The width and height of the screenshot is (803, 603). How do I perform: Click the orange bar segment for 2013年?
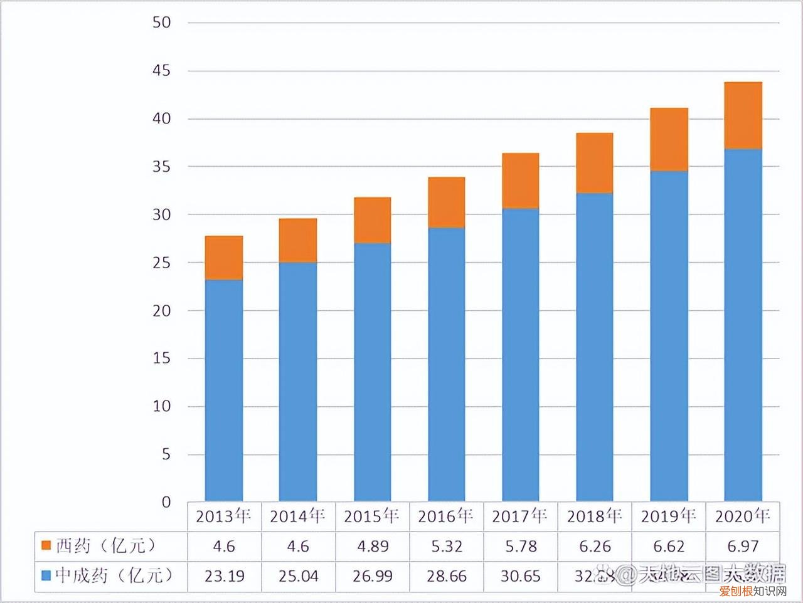tap(224, 258)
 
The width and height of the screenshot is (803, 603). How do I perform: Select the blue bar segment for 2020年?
tap(743, 325)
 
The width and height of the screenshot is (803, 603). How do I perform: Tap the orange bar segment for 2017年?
tap(520, 181)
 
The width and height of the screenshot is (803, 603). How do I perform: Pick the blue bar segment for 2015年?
tap(372, 372)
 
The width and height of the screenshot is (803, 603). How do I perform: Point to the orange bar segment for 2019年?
tap(669, 139)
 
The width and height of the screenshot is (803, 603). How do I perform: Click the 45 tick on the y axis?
tap(161, 71)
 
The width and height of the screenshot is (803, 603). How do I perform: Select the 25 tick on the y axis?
tap(161, 263)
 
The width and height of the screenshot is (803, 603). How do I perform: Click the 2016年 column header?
tap(446, 516)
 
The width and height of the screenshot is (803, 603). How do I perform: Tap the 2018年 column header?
tap(594, 516)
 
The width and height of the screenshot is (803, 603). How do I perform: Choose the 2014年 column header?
tap(298, 516)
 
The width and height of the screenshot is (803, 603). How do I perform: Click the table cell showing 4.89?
tap(372, 546)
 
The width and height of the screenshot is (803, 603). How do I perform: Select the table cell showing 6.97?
tap(743, 546)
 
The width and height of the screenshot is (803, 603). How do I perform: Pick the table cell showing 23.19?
tap(224, 575)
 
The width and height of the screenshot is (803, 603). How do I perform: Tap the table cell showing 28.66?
tap(446, 575)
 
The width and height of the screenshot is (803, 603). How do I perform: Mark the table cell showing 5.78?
tap(520, 546)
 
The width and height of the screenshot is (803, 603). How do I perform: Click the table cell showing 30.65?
tap(520, 575)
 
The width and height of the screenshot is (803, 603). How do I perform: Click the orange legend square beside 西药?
tap(46, 546)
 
